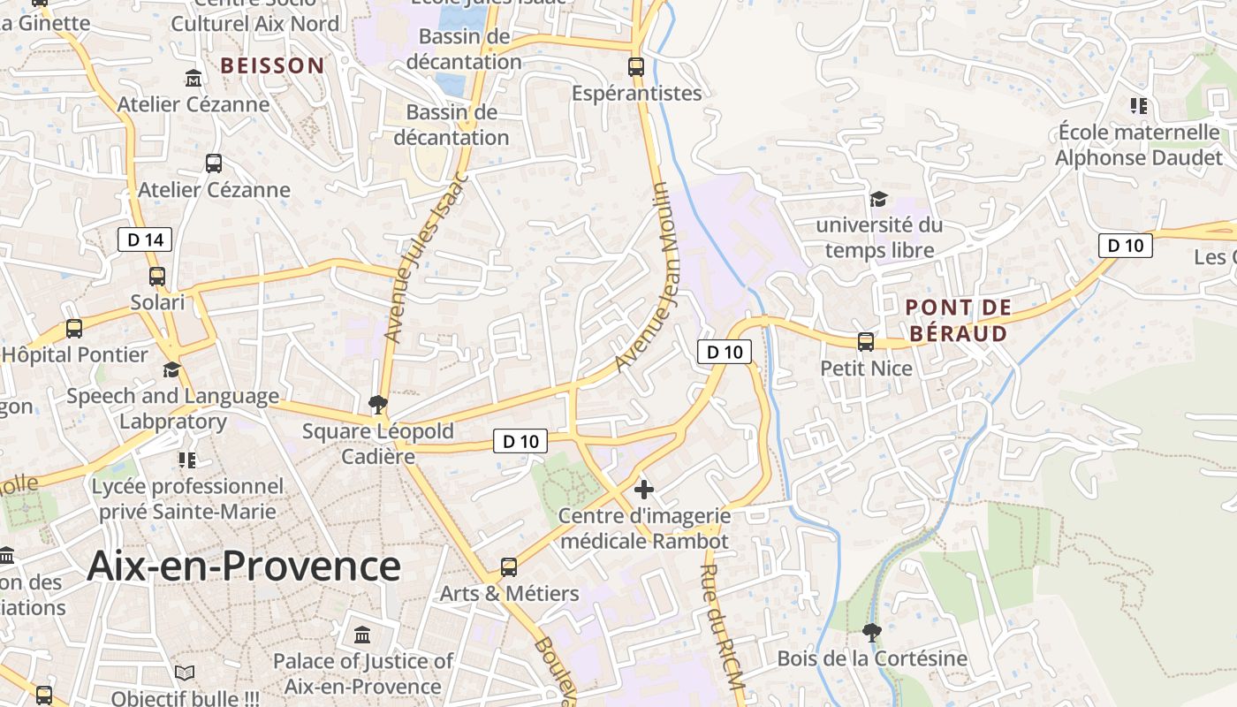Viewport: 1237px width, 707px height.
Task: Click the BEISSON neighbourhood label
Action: [272, 65]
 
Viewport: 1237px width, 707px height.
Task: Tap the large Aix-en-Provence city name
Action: [244, 566]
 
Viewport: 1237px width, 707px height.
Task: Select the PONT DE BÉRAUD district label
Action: [959, 321]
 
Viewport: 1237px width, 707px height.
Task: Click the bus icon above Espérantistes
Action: [635, 66]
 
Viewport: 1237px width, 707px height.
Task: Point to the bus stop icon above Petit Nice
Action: [866, 342]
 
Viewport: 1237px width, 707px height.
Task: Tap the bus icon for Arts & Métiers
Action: [509, 567]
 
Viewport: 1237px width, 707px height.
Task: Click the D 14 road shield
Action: [145, 239]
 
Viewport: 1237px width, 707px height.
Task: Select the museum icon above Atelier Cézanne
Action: [194, 79]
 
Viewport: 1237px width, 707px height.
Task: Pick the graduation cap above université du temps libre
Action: [878, 199]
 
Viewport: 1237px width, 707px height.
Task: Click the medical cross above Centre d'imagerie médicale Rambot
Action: [644, 489]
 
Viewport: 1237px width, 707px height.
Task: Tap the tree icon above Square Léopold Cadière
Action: [378, 405]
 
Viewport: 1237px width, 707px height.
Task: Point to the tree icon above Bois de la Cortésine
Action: [871, 632]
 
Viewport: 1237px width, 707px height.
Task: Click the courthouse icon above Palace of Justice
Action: [362, 635]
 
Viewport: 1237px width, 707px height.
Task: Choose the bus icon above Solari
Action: [157, 277]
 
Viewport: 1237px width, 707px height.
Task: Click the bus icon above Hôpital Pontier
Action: [74, 329]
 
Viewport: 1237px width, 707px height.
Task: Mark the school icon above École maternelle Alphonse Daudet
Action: [1138, 106]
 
